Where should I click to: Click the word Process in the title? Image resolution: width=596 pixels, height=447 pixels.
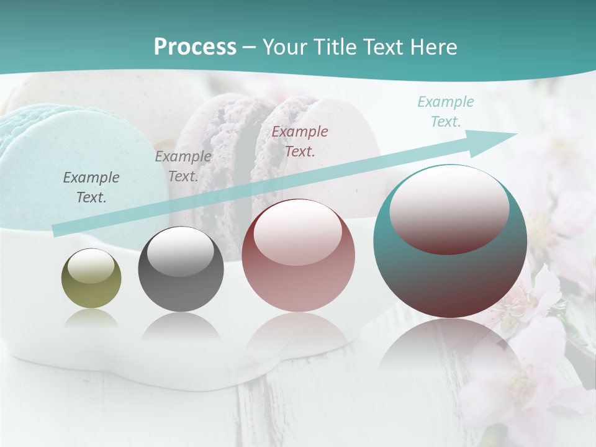coord(195,47)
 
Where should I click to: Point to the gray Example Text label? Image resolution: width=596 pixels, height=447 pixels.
coord(91,187)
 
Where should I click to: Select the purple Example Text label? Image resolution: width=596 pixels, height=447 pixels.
coord(183,166)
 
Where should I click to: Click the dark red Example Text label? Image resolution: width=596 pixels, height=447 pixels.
coord(300,141)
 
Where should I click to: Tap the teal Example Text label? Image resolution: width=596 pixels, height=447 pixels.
coord(445,112)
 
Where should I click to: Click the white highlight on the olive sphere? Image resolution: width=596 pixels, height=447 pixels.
coord(91,265)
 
